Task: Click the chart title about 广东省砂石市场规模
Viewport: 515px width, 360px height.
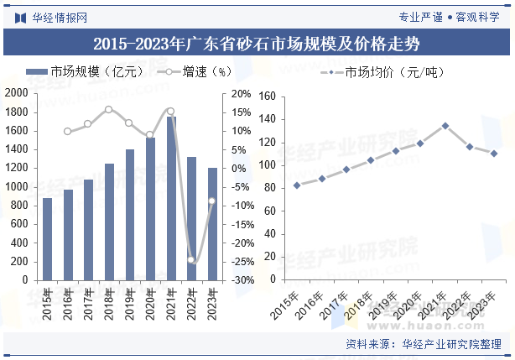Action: click(257, 43)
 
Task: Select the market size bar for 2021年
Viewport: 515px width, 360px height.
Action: click(171, 198)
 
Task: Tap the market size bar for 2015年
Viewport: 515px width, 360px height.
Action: click(47, 239)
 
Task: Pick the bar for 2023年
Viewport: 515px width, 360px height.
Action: click(212, 224)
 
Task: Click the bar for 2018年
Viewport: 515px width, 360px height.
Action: click(109, 222)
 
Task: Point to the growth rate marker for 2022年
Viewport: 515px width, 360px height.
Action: click(191, 260)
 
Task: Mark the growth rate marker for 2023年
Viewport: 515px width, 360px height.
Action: click(212, 201)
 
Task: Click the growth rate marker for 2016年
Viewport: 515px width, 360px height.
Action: click(68, 131)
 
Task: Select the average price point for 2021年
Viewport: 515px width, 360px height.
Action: click(445, 126)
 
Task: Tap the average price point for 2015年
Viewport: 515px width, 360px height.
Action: click(297, 185)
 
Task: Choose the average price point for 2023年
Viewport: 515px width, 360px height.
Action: click(494, 154)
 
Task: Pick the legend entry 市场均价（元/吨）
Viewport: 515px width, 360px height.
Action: click(382, 72)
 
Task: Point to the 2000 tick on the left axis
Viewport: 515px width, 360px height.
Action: click(18, 94)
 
